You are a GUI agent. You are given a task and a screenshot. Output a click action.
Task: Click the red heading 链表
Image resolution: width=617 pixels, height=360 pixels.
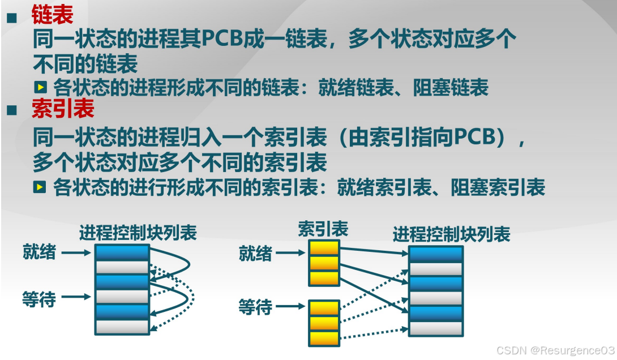[53, 15]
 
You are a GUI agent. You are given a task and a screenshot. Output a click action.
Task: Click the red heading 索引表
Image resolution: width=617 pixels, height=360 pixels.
[63, 109]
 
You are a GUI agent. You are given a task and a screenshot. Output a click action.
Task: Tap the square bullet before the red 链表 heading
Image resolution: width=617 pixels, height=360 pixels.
[11, 17]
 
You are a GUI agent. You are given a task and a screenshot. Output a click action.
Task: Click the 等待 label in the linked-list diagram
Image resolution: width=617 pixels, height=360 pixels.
[39, 298]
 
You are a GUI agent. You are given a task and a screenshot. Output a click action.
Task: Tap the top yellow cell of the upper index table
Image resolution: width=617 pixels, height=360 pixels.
[324, 248]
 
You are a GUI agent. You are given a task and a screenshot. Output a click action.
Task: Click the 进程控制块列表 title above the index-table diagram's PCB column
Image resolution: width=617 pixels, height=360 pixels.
[451, 233]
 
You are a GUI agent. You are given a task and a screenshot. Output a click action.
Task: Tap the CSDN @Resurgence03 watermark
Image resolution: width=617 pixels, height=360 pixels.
[555, 350]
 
